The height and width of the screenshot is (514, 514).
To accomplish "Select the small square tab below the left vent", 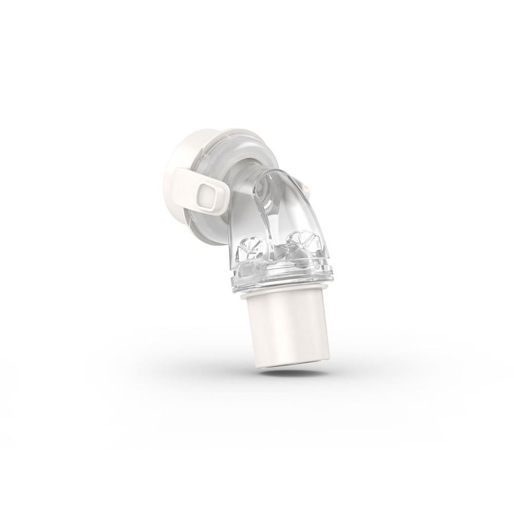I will (246, 268).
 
